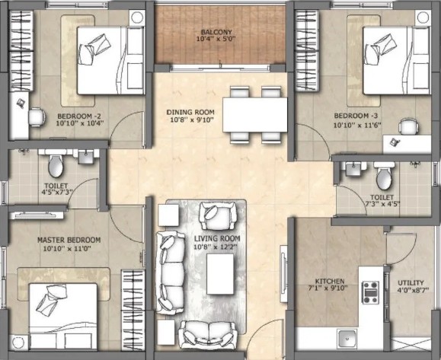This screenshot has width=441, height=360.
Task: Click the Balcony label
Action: (x=216, y=32)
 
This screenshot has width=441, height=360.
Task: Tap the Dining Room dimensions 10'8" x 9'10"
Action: (x=192, y=120)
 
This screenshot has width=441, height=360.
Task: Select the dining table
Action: (x=255, y=115)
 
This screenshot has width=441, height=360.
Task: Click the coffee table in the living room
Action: (x=220, y=274)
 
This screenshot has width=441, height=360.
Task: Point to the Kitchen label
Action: (x=330, y=281)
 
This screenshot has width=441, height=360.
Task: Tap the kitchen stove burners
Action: (x=370, y=293)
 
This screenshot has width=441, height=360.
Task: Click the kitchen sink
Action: (x=347, y=339)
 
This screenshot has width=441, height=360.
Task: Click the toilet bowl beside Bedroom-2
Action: (x=56, y=166)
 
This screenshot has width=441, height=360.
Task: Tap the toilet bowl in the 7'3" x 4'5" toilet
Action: (x=384, y=179)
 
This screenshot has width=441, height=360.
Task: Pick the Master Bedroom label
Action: (x=69, y=240)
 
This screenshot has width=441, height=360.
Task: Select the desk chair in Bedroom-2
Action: (x=37, y=117)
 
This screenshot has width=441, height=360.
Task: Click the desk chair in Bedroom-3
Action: (x=409, y=127)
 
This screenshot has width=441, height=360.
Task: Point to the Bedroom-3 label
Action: (x=356, y=116)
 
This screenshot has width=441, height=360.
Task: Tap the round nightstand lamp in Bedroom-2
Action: (x=137, y=18)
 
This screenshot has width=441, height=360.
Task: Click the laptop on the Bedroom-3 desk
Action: (x=395, y=142)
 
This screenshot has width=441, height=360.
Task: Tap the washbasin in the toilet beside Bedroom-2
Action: (x=85, y=157)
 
